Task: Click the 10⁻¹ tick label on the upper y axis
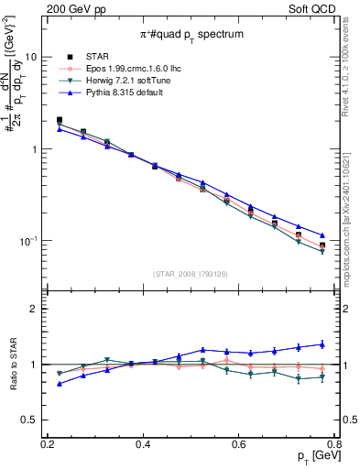(x=27, y=241)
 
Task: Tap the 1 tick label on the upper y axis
(x=34, y=149)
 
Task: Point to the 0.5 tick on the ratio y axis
(x=29, y=420)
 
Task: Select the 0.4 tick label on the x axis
(x=142, y=444)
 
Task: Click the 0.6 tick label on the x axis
(x=239, y=444)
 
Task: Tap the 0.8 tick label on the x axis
(x=335, y=444)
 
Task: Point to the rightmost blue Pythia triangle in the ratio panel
(x=322, y=344)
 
